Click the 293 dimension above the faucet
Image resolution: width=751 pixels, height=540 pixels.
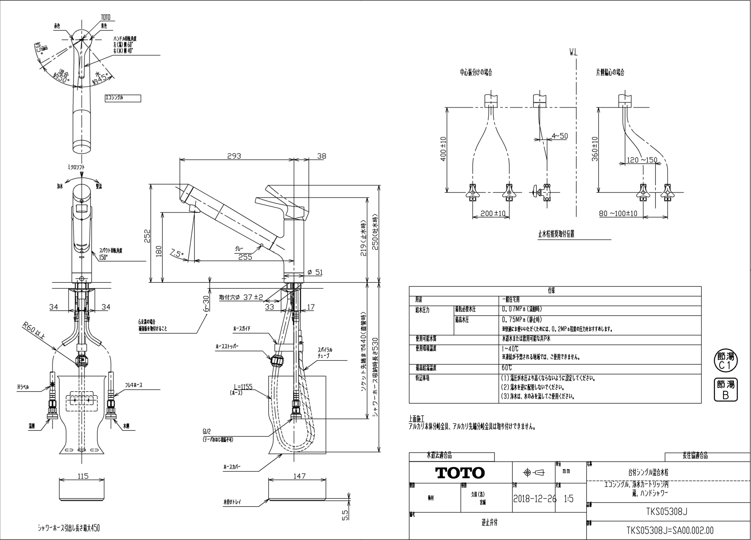[x=234, y=156]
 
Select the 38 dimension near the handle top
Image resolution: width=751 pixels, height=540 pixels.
[x=321, y=156]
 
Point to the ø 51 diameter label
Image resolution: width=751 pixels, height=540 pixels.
[x=315, y=272]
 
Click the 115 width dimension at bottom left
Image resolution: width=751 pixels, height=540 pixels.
[x=83, y=476]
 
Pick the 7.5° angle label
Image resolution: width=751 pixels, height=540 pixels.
[x=177, y=254]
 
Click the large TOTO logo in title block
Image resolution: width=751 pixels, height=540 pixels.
[x=460, y=473]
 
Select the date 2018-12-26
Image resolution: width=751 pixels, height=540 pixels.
[x=534, y=499]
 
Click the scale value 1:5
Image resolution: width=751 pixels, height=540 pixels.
[x=569, y=499]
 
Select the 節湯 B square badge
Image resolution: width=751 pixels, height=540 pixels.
[x=726, y=390]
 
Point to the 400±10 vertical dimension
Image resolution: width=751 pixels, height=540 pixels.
[x=444, y=148]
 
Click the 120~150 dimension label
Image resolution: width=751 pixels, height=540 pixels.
[x=642, y=160]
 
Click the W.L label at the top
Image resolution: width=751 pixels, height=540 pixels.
[x=573, y=53]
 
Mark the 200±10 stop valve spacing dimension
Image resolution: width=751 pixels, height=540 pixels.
[x=493, y=213]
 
